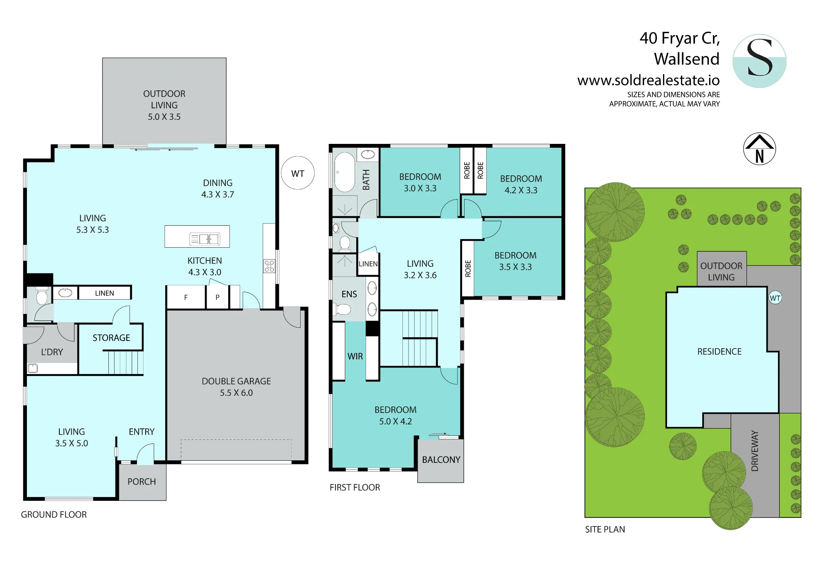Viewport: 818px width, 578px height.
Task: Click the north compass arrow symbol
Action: tap(759, 149)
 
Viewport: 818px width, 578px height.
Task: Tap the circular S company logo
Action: tap(760, 61)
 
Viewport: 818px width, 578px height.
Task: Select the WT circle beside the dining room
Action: tap(298, 173)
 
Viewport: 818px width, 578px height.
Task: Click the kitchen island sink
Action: tap(204, 239)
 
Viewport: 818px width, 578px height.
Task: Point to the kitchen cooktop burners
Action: tap(269, 266)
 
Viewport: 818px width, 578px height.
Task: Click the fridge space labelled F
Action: tap(186, 297)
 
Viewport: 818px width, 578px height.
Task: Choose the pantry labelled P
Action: tap(217, 297)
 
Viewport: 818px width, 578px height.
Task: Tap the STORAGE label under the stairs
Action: tap(111, 338)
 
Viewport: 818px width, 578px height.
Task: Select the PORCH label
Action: tap(142, 482)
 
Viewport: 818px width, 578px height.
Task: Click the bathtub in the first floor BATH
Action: tap(344, 172)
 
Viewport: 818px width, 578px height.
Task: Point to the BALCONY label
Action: tap(441, 460)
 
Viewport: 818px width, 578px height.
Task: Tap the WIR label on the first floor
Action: tap(355, 356)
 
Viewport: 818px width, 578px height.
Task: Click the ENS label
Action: tap(349, 294)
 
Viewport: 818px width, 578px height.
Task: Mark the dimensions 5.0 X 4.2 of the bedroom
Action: tap(396, 421)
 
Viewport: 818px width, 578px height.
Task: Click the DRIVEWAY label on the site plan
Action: tap(755, 451)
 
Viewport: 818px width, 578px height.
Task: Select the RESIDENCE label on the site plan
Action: tap(719, 352)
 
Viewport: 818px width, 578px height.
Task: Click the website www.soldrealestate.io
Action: tap(649, 80)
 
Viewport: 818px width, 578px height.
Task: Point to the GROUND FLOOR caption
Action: tap(54, 515)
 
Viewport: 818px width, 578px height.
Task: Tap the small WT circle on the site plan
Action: tap(775, 298)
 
